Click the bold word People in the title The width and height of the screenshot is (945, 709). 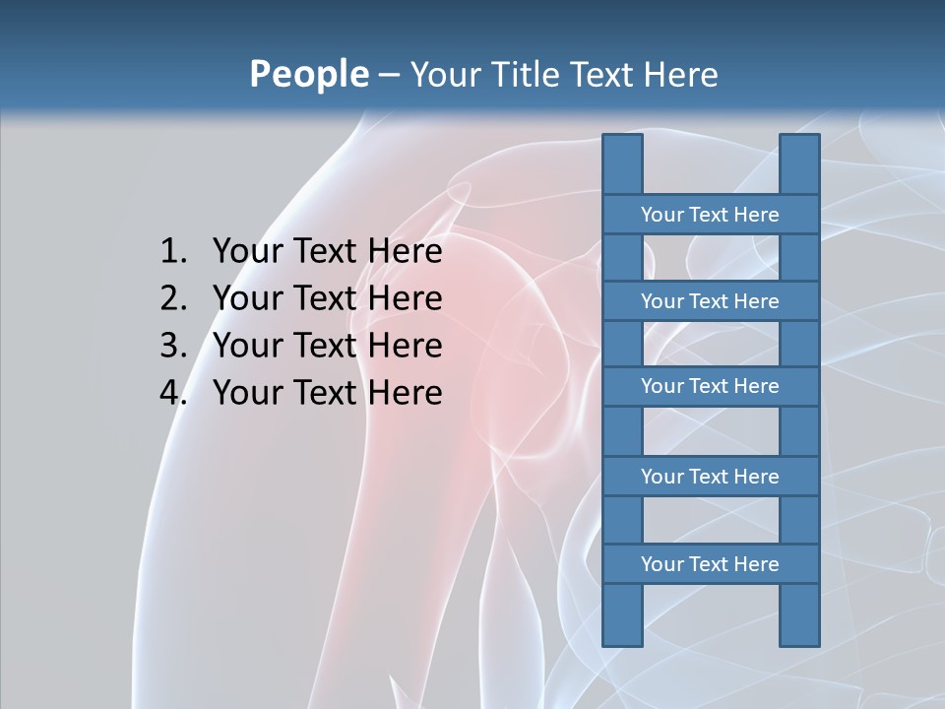[308, 74]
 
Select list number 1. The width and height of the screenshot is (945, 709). [172, 252]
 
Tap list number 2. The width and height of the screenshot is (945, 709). [172, 298]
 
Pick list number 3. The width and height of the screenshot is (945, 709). [172, 346]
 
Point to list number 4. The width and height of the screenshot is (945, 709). [172, 393]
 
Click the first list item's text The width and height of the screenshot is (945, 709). [327, 252]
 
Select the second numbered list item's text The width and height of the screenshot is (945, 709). [327, 298]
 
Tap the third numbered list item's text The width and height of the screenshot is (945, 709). [327, 346]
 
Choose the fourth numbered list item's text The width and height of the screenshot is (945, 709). [327, 393]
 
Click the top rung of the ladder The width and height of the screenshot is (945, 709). [710, 215]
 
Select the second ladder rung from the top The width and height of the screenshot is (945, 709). [710, 301]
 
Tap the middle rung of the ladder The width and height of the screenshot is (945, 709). [710, 386]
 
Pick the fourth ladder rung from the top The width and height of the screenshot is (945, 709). [710, 477]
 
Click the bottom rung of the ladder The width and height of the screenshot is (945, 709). [710, 564]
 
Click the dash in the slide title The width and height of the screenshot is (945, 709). [389, 75]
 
